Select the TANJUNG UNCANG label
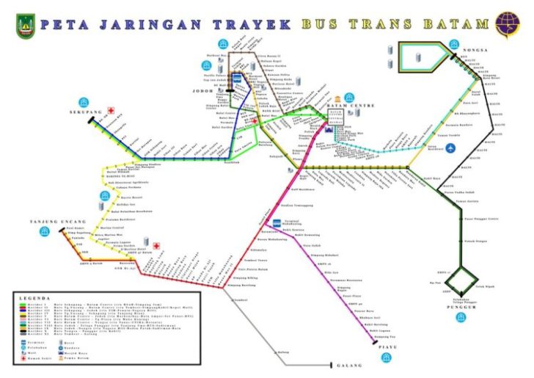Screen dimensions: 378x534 [52, 221]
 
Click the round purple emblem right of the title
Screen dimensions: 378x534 [507, 24]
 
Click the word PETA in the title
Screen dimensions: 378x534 [61, 24]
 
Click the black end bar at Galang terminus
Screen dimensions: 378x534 [335, 365]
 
